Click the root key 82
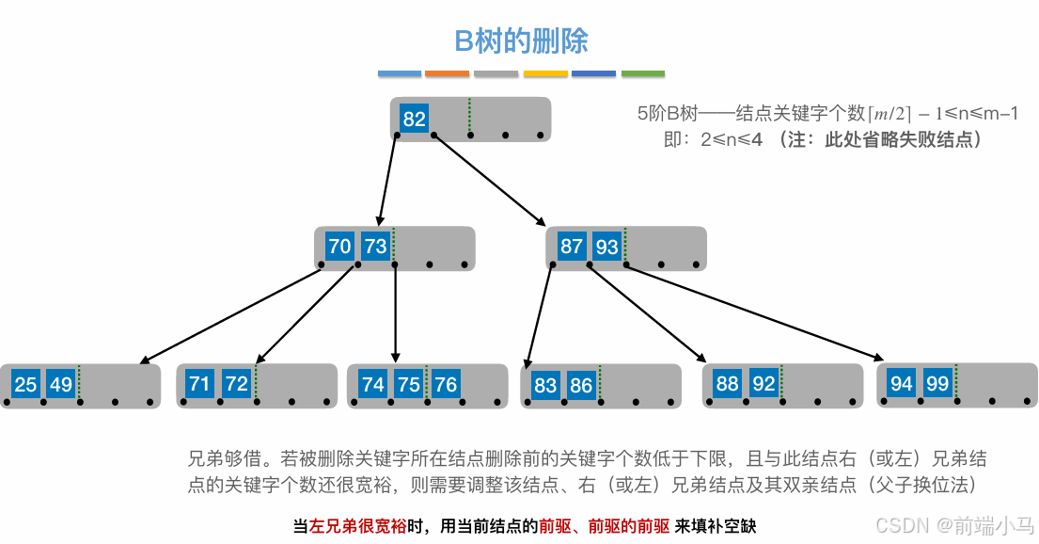pos(414,120)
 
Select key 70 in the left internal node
pos(339,248)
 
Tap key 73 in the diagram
pos(375,248)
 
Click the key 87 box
pos(571,248)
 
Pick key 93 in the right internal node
pos(606,248)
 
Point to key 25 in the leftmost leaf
pos(25,385)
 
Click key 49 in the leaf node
pos(60,385)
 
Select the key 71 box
pos(199,384)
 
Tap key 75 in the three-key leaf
pos(409,385)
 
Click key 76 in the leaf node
pos(445,385)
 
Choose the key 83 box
pos(545,385)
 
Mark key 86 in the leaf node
pos(581,385)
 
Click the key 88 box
pos(727,384)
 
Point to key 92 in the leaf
pos(763,384)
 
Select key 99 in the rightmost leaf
pos(937,384)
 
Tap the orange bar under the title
pos(447,73)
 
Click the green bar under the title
pos(642,73)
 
